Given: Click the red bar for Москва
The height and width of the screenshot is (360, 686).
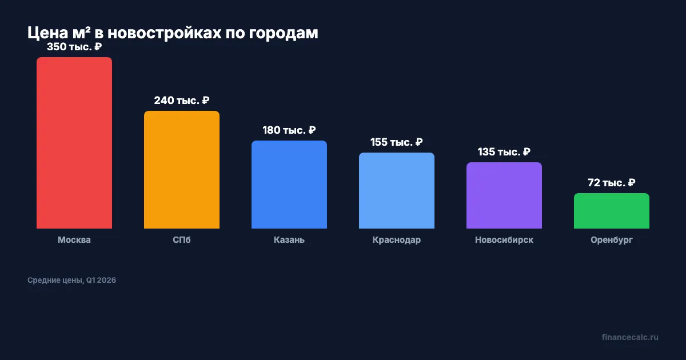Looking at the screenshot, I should pos(74,143).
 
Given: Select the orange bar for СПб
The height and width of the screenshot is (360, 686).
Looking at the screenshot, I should pos(182,170).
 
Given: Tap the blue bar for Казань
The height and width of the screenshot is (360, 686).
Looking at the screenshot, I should pos(289,185).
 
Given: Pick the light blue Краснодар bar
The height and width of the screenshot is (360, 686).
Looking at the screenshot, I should pos(397,190).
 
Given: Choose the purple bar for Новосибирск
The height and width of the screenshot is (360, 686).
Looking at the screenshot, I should pos(504,195).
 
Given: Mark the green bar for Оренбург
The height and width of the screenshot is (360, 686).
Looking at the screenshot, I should pos(612,211).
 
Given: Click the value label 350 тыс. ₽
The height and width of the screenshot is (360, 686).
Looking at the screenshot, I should pos(74,47).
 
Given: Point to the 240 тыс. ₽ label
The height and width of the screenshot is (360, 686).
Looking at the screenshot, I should pos(182,101).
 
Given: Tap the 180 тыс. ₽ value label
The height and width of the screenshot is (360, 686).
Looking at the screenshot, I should pos(289,130).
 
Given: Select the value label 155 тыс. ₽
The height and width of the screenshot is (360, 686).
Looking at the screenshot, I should pos(397,142).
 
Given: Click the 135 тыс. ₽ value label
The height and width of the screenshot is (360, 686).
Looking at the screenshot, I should pos(504,152).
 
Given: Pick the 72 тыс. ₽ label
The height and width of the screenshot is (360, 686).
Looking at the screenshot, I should pos(612,183).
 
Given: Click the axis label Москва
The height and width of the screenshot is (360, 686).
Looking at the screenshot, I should pos(74,240).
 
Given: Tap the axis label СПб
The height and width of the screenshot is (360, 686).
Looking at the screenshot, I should pos(182,240).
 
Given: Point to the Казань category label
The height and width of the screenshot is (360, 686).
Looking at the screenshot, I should pos(289,240).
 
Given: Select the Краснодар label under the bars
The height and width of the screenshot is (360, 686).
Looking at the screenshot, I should pos(397,240).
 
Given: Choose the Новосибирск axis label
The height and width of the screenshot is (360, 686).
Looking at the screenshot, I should pos(504,240).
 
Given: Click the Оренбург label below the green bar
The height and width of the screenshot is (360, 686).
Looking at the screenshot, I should pos(612,240).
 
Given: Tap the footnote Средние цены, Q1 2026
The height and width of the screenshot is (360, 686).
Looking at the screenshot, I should pos(71,281).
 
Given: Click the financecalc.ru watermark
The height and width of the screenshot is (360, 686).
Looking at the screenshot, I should pos(630,337).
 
